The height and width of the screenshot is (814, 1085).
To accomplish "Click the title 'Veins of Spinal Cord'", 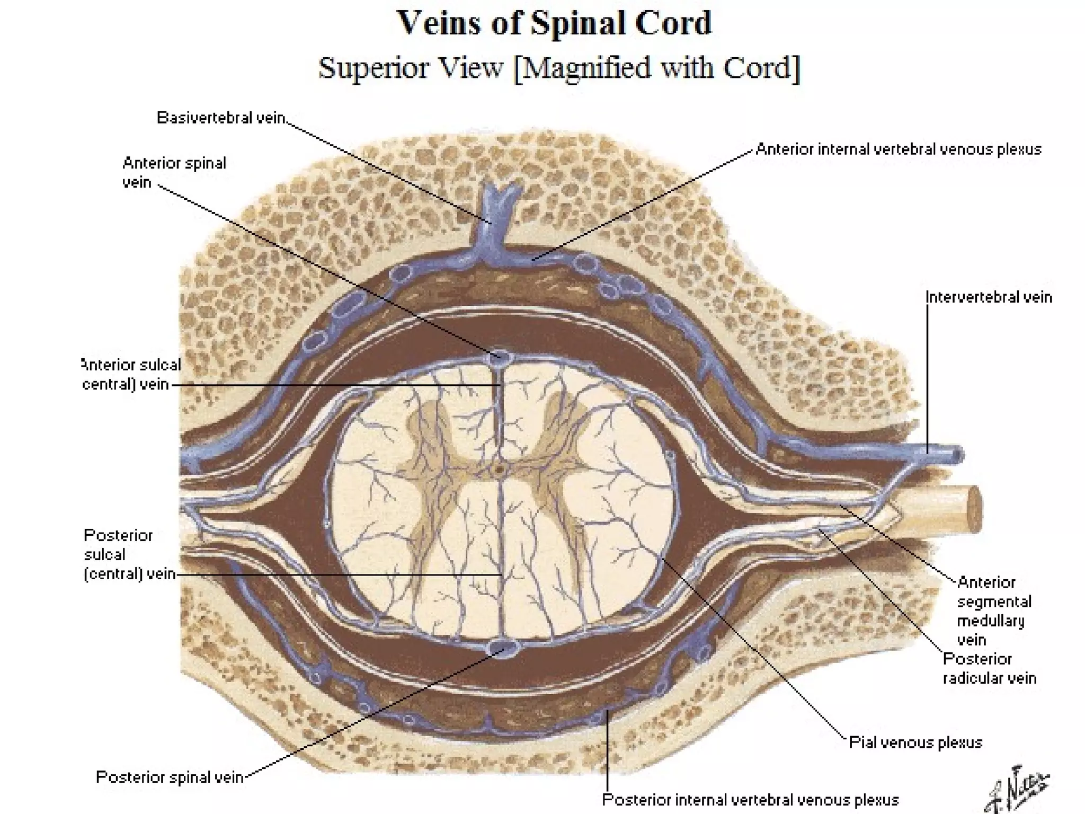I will pos(554,23).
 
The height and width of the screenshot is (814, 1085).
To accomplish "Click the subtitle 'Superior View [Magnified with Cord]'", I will pos(559,68).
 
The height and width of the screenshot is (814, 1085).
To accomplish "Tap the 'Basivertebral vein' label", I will pos(221,118).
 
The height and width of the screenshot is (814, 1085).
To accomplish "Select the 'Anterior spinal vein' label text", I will pos(174,172).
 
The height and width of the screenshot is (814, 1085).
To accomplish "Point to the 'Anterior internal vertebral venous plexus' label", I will pos(899,149).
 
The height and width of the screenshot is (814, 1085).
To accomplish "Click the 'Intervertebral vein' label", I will pos(989,297).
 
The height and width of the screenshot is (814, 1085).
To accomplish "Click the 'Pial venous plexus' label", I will pos(915,742).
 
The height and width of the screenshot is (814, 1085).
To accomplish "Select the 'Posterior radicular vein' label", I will pos(989,668).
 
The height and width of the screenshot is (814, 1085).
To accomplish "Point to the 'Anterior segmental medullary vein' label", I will pos(994,611).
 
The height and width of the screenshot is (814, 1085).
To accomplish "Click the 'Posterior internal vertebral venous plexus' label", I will pos(751,800).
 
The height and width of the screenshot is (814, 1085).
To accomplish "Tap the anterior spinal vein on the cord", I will pos(498,356).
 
